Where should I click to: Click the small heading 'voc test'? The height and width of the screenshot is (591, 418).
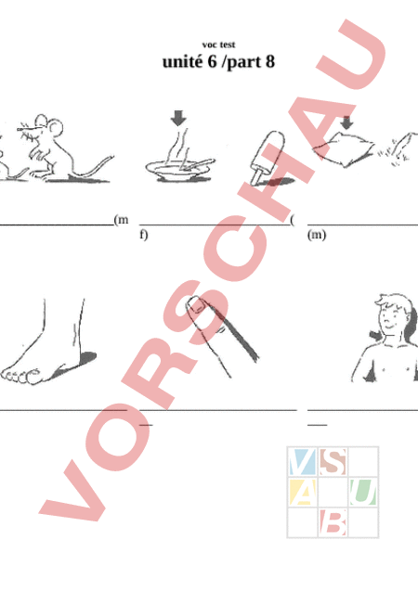[219, 45]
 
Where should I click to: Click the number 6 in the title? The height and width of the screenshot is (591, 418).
[213, 62]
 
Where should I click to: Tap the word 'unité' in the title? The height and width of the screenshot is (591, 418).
[182, 62]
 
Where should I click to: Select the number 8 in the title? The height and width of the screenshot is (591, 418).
[269, 62]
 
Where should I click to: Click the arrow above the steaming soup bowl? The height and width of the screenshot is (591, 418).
[178, 118]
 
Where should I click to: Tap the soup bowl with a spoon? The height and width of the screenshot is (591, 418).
[180, 169]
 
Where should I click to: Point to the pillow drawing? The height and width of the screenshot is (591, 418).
[343, 148]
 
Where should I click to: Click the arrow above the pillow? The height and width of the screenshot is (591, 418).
[346, 122]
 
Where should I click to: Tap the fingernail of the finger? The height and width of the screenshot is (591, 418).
[197, 304]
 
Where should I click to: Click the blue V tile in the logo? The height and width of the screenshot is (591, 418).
[302, 462]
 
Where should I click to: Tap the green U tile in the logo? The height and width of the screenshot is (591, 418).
[362, 492]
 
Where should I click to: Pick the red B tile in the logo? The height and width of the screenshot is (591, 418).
[333, 522]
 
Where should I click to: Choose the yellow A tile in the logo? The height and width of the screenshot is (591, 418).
[302, 492]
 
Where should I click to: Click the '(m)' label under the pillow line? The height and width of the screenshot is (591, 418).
[317, 235]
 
